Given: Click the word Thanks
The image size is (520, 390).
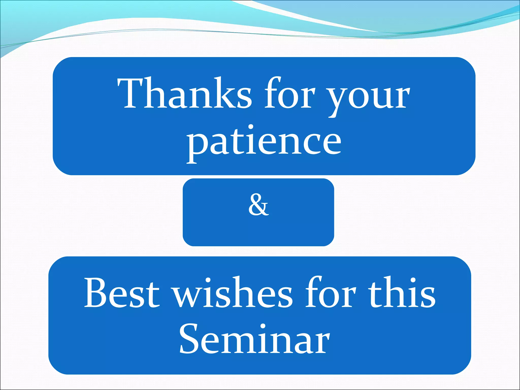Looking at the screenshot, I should (x=184, y=93).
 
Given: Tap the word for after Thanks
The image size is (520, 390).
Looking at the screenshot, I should (x=289, y=93).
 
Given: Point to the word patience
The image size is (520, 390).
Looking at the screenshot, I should (x=264, y=142).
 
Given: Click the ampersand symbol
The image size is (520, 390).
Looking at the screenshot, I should (x=258, y=205).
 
